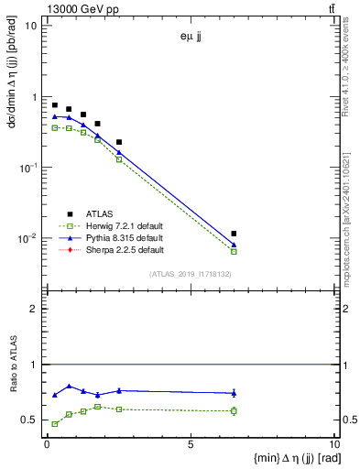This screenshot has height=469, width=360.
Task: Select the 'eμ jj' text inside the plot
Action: (x=190, y=38)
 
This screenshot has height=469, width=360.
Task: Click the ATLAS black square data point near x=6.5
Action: (x=235, y=234)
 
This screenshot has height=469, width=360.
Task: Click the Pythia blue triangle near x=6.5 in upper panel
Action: (x=235, y=245)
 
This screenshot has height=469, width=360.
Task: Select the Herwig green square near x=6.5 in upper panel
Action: (x=235, y=251)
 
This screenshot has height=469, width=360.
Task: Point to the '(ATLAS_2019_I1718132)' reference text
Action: (x=190, y=273)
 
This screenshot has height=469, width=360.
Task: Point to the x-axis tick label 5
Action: (x=190, y=444)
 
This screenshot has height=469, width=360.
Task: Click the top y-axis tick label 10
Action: (x=30, y=26)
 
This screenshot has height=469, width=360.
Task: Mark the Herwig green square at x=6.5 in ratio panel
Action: (x=235, y=410)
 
